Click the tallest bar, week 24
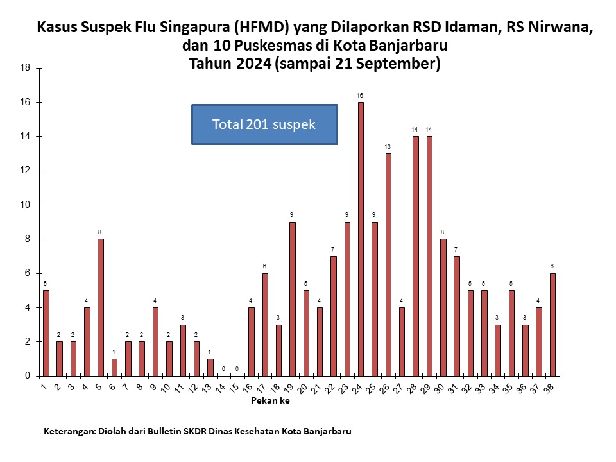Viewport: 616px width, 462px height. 361,239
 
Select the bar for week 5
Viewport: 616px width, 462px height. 101,307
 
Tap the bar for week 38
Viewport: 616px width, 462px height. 552,325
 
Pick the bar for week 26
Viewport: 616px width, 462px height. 388,265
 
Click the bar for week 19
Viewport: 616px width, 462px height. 293,299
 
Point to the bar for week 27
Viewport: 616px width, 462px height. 402,342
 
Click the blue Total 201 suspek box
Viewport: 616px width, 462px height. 264,124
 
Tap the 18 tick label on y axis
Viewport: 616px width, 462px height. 25,67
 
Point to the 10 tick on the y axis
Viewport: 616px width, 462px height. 25,205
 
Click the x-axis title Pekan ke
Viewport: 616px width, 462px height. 270,400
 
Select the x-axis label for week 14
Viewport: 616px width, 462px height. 220,388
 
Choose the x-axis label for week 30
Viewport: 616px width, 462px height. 439,388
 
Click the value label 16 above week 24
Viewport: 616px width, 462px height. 360,96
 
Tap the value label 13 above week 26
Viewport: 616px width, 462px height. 388,147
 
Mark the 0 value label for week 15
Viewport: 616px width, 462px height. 237,369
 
